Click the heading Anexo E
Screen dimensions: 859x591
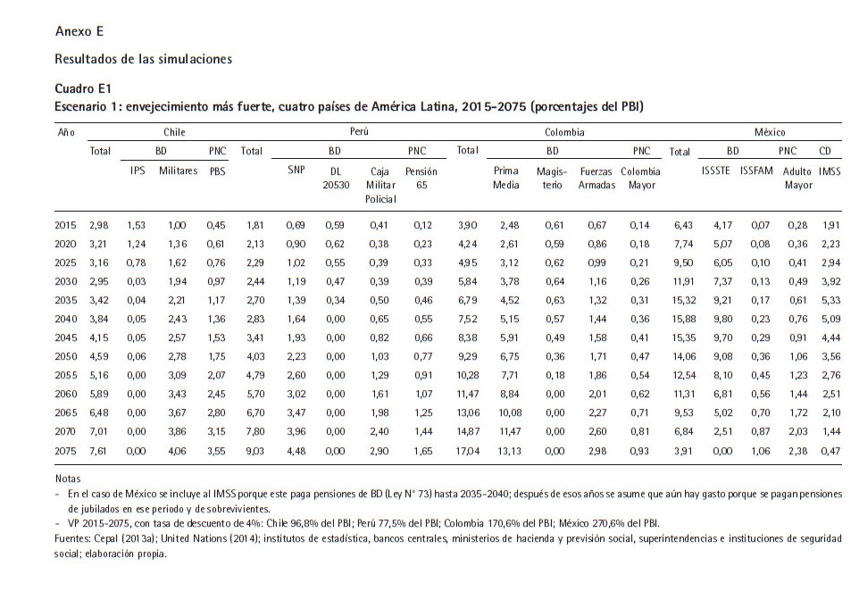pyautogui.click(x=79, y=31)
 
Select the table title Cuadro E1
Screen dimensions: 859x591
pyautogui.click(x=83, y=88)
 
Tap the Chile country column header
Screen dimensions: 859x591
pyautogui.click(x=174, y=132)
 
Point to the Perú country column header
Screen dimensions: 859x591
pyautogui.click(x=359, y=131)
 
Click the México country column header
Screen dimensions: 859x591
pyautogui.click(x=770, y=132)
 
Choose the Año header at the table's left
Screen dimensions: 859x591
pyautogui.click(x=66, y=132)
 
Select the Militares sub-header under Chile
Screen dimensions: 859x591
pyautogui.click(x=178, y=171)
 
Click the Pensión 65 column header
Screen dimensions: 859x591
pyautogui.click(x=421, y=178)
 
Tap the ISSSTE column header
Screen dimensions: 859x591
pyautogui.click(x=715, y=171)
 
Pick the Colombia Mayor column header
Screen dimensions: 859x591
pyautogui.click(x=641, y=178)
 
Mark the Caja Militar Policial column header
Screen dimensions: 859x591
pyautogui.click(x=380, y=185)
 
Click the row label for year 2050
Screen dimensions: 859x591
pyautogui.click(x=66, y=356)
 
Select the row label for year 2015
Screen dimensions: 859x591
pyautogui.click(x=66, y=225)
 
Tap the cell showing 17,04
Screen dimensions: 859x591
pyautogui.click(x=468, y=452)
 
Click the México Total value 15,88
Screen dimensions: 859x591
pyautogui.click(x=684, y=319)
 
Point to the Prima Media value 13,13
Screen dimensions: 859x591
pyautogui.click(x=510, y=452)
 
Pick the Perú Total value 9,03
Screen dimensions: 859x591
pyautogui.click(x=255, y=452)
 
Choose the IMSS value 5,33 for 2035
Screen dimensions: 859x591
pyautogui.click(x=831, y=300)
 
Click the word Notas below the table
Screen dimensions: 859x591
pyautogui.click(x=67, y=479)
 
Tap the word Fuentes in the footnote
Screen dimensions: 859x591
pyautogui.click(x=71, y=539)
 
